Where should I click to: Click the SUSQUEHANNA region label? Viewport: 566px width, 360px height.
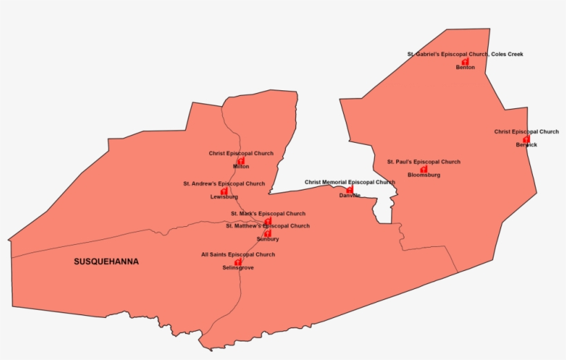pos(106,262)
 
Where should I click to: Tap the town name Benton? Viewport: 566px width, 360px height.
pos(465,68)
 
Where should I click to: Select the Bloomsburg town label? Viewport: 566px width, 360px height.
pos(424,175)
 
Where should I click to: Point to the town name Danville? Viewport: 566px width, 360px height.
pos(350,195)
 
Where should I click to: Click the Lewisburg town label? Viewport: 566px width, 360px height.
pos(224,197)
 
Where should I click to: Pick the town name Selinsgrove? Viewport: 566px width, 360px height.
pos(237,268)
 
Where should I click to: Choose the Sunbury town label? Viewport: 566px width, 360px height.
pos(268,239)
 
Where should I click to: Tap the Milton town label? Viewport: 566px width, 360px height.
pos(241,166)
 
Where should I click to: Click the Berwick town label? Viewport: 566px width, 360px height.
pos(526,145)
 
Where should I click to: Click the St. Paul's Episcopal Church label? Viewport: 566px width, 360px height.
pos(423,162)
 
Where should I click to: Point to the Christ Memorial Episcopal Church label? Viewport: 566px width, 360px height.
pos(350,182)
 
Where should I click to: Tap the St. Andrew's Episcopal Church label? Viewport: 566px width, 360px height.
pos(224,184)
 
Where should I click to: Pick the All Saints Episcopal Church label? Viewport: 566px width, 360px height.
pos(237,254)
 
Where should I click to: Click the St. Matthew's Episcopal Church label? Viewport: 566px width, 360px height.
pos(268,226)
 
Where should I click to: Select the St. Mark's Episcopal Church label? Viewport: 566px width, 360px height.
pos(268,214)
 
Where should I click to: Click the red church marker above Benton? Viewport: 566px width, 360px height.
pos(465,61)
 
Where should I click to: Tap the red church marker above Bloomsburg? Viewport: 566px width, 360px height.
pos(424,169)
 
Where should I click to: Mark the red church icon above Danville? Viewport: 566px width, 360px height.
pos(350,189)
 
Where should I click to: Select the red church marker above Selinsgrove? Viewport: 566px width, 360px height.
pos(237,261)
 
